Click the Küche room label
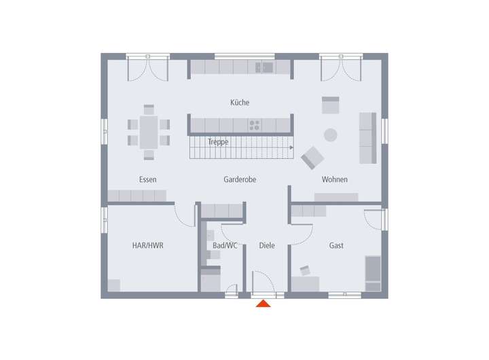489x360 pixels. (240, 103)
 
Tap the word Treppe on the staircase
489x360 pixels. (219, 142)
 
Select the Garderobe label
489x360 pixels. (240, 179)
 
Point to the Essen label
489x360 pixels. (147, 179)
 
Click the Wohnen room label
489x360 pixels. (334, 179)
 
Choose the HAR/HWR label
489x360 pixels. (147, 245)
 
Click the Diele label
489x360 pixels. (267, 245)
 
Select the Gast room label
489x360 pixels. (336, 245)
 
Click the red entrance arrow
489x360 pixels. (263, 304)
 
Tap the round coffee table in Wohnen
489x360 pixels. (330, 134)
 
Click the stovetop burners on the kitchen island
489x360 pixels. (255, 125)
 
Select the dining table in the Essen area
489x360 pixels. (149, 132)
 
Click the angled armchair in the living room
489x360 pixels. (313, 158)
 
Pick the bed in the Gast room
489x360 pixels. (373, 273)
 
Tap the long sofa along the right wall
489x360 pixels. (367, 138)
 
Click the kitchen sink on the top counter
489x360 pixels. (266, 67)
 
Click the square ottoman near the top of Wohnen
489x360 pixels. (330, 105)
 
